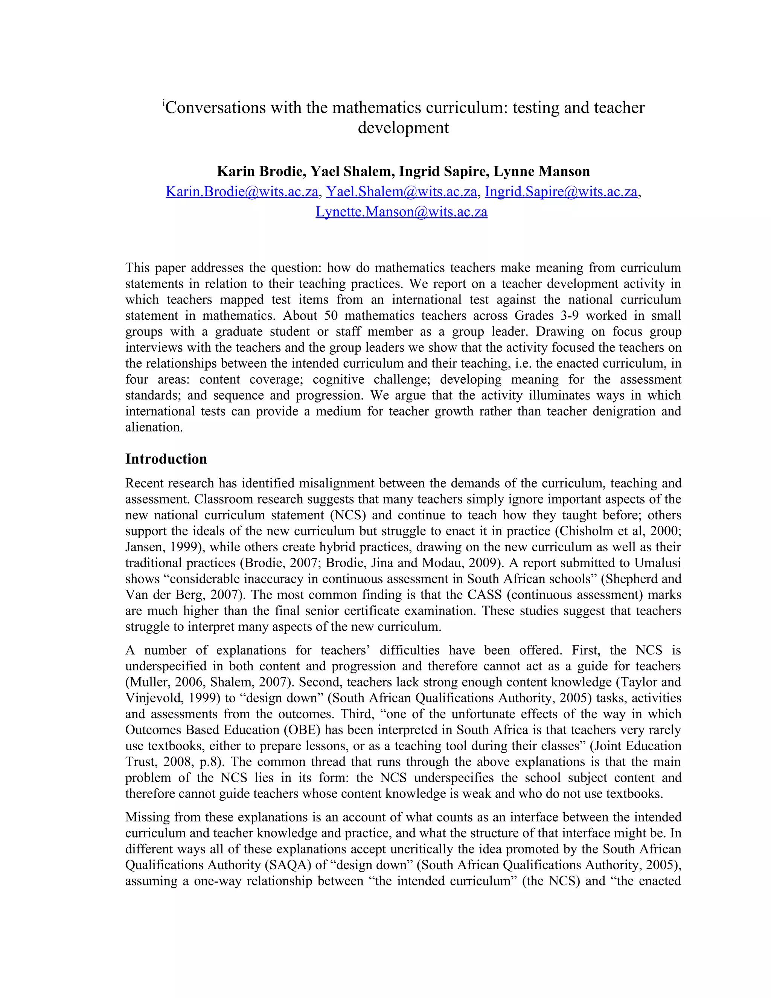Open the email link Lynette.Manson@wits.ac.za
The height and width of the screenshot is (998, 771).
[x=401, y=212]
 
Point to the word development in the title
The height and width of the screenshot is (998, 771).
[x=403, y=128]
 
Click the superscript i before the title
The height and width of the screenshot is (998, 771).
[x=163, y=103]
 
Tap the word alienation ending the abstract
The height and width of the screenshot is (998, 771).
[x=154, y=427]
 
